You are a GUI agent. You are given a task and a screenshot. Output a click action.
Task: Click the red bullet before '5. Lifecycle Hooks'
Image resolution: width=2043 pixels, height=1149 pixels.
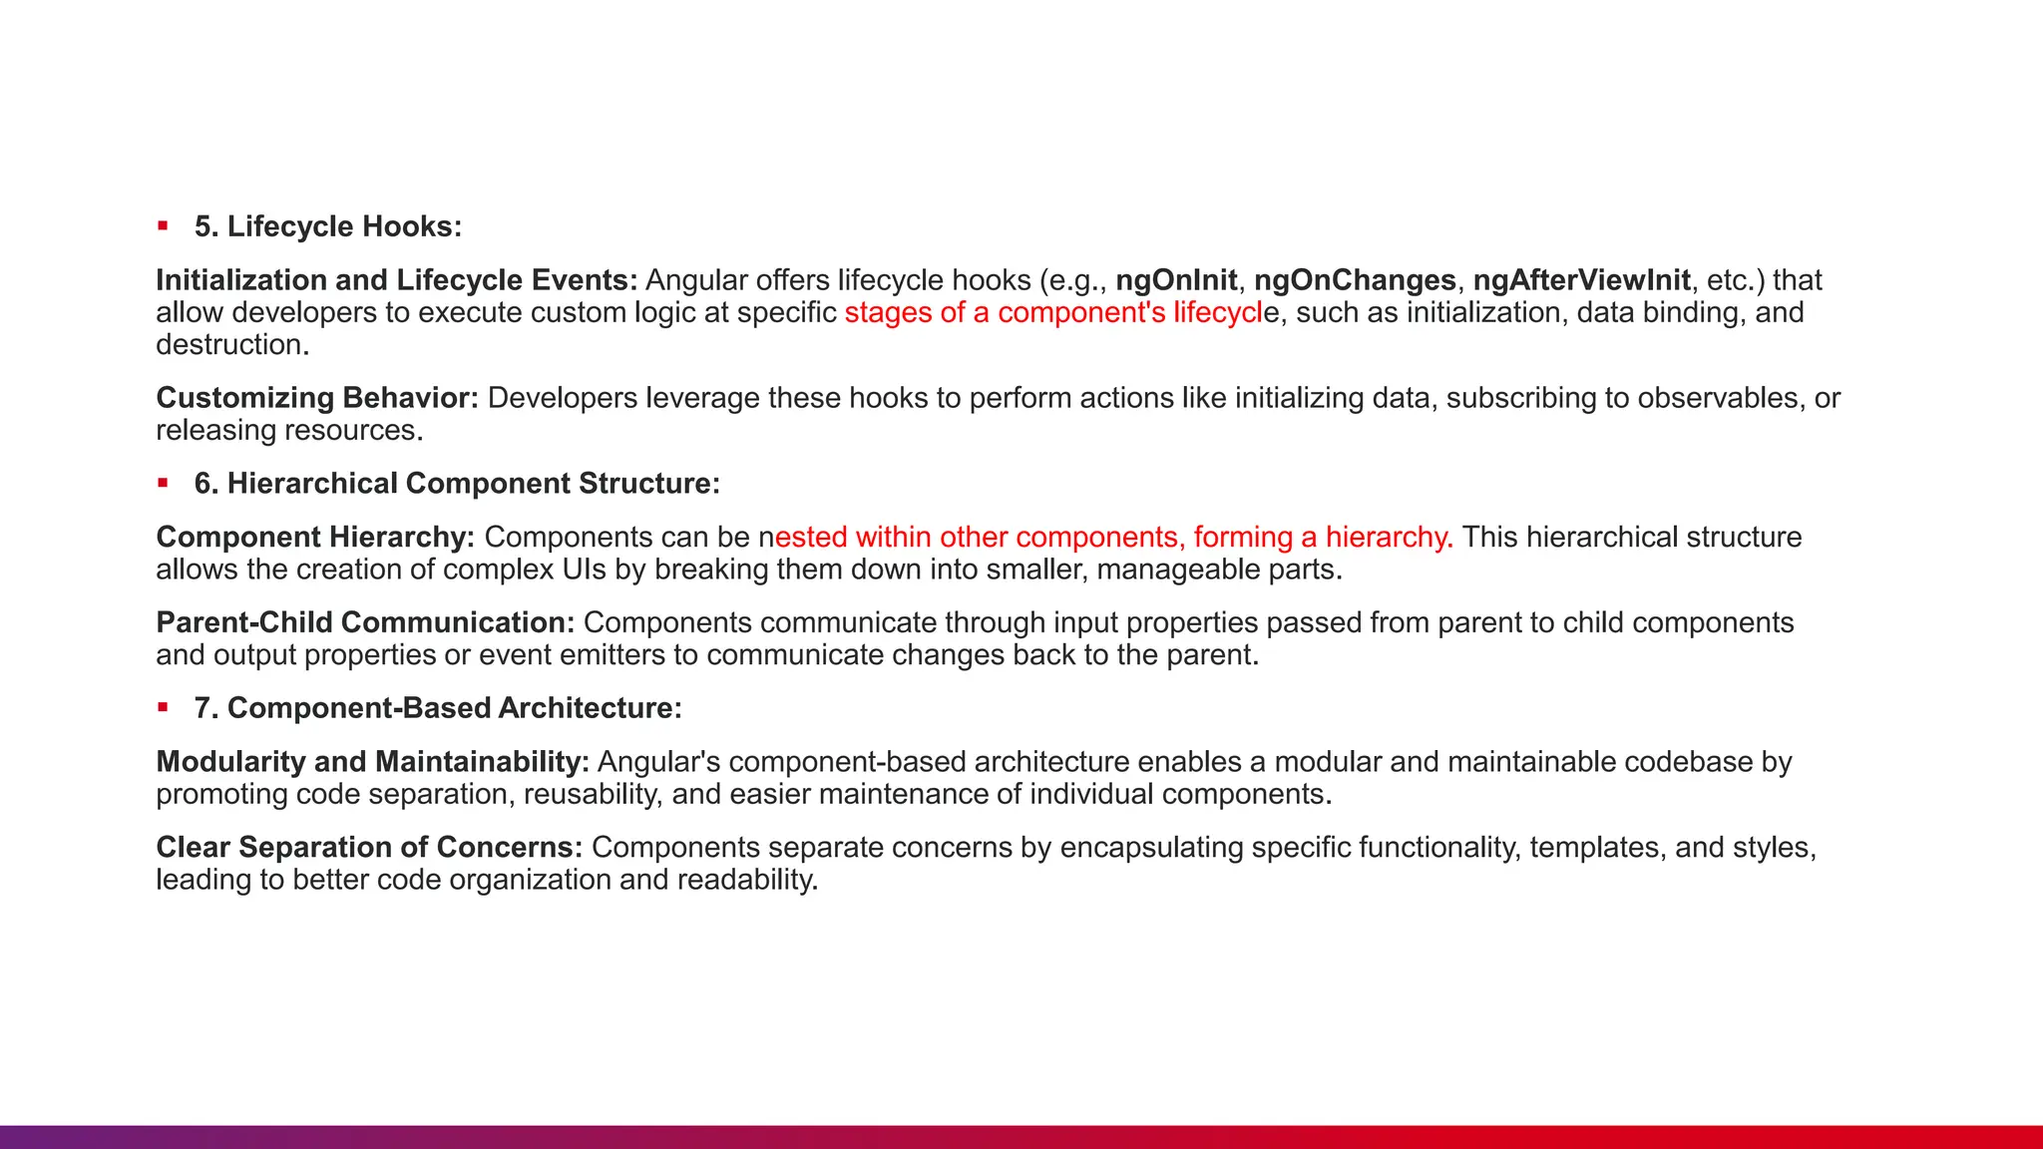[163, 226]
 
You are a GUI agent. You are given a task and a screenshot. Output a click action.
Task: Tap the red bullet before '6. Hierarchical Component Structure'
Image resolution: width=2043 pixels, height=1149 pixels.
[163, 484]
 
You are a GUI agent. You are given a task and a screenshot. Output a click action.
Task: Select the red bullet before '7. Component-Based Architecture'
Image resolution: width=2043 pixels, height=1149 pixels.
[163, 708]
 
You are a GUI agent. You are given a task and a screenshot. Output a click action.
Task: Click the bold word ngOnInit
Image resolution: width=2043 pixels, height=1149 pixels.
[1176, 280]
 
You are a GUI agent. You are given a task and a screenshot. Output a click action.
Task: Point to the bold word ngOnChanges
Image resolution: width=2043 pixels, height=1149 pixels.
[1355, 280]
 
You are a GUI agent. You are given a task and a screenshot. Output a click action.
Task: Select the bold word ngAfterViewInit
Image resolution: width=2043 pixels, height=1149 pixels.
[1581, 280]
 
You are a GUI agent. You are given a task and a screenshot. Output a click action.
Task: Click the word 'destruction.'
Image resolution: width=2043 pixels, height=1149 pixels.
[232, 345]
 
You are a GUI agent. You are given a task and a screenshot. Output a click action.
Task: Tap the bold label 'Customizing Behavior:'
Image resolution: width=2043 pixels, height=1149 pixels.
[317, 398]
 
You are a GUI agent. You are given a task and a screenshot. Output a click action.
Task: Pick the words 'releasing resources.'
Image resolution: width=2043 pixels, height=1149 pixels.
[289, 431]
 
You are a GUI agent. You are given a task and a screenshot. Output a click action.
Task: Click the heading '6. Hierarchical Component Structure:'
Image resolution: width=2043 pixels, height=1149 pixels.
[457, 484]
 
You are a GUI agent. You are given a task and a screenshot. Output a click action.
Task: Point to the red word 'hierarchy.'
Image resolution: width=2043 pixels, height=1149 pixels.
[1389, 538]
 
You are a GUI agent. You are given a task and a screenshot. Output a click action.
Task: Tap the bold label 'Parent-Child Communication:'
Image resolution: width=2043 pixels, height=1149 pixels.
[365, 622]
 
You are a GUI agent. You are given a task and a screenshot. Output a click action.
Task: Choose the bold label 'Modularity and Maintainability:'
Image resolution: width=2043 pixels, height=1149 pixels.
[372, 762]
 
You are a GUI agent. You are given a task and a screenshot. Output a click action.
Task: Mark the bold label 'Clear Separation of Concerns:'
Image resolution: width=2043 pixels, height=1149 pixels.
[369, 848]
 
